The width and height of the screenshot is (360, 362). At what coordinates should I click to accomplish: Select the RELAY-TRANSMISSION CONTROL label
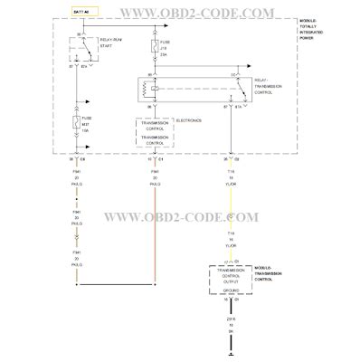click(x=276, y=86)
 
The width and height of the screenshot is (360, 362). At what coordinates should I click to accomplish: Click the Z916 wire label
click(x=231, y=315)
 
